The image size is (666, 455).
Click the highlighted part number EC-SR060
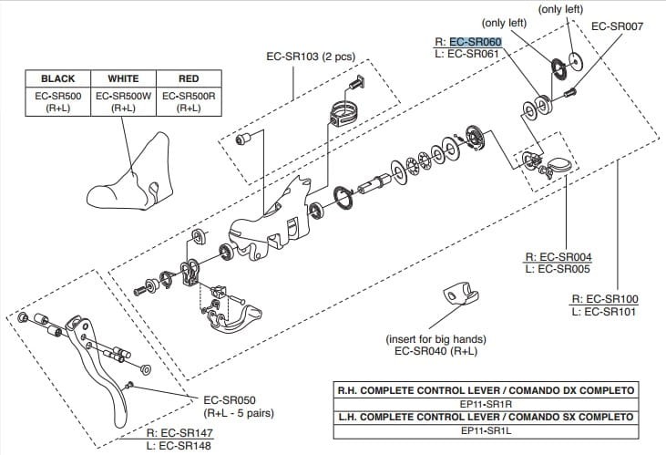click(x=475, y=41)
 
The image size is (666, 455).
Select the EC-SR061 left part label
click(x=474, y=54)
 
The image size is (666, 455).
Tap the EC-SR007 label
click(x=617, y=26)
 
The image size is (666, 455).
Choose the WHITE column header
click(x=124, y=79)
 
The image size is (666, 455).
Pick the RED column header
click(x=189, y=79)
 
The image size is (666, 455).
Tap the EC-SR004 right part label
click(x=566, y=257)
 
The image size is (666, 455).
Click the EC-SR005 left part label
click(x=566, y=270)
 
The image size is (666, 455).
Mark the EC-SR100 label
click(x=611, y=299)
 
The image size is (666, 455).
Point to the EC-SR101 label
click(x=611, y=312)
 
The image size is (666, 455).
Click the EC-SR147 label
click(x=185, y=432)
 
